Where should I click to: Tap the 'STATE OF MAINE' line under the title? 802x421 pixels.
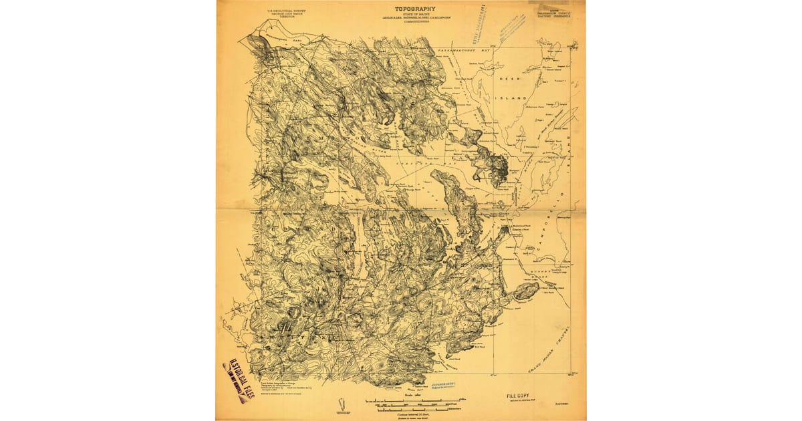tap(408, 14)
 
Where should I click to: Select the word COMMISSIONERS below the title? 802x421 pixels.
tap(408, 23)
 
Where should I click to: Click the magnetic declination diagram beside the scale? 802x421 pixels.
tap(340, 404)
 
